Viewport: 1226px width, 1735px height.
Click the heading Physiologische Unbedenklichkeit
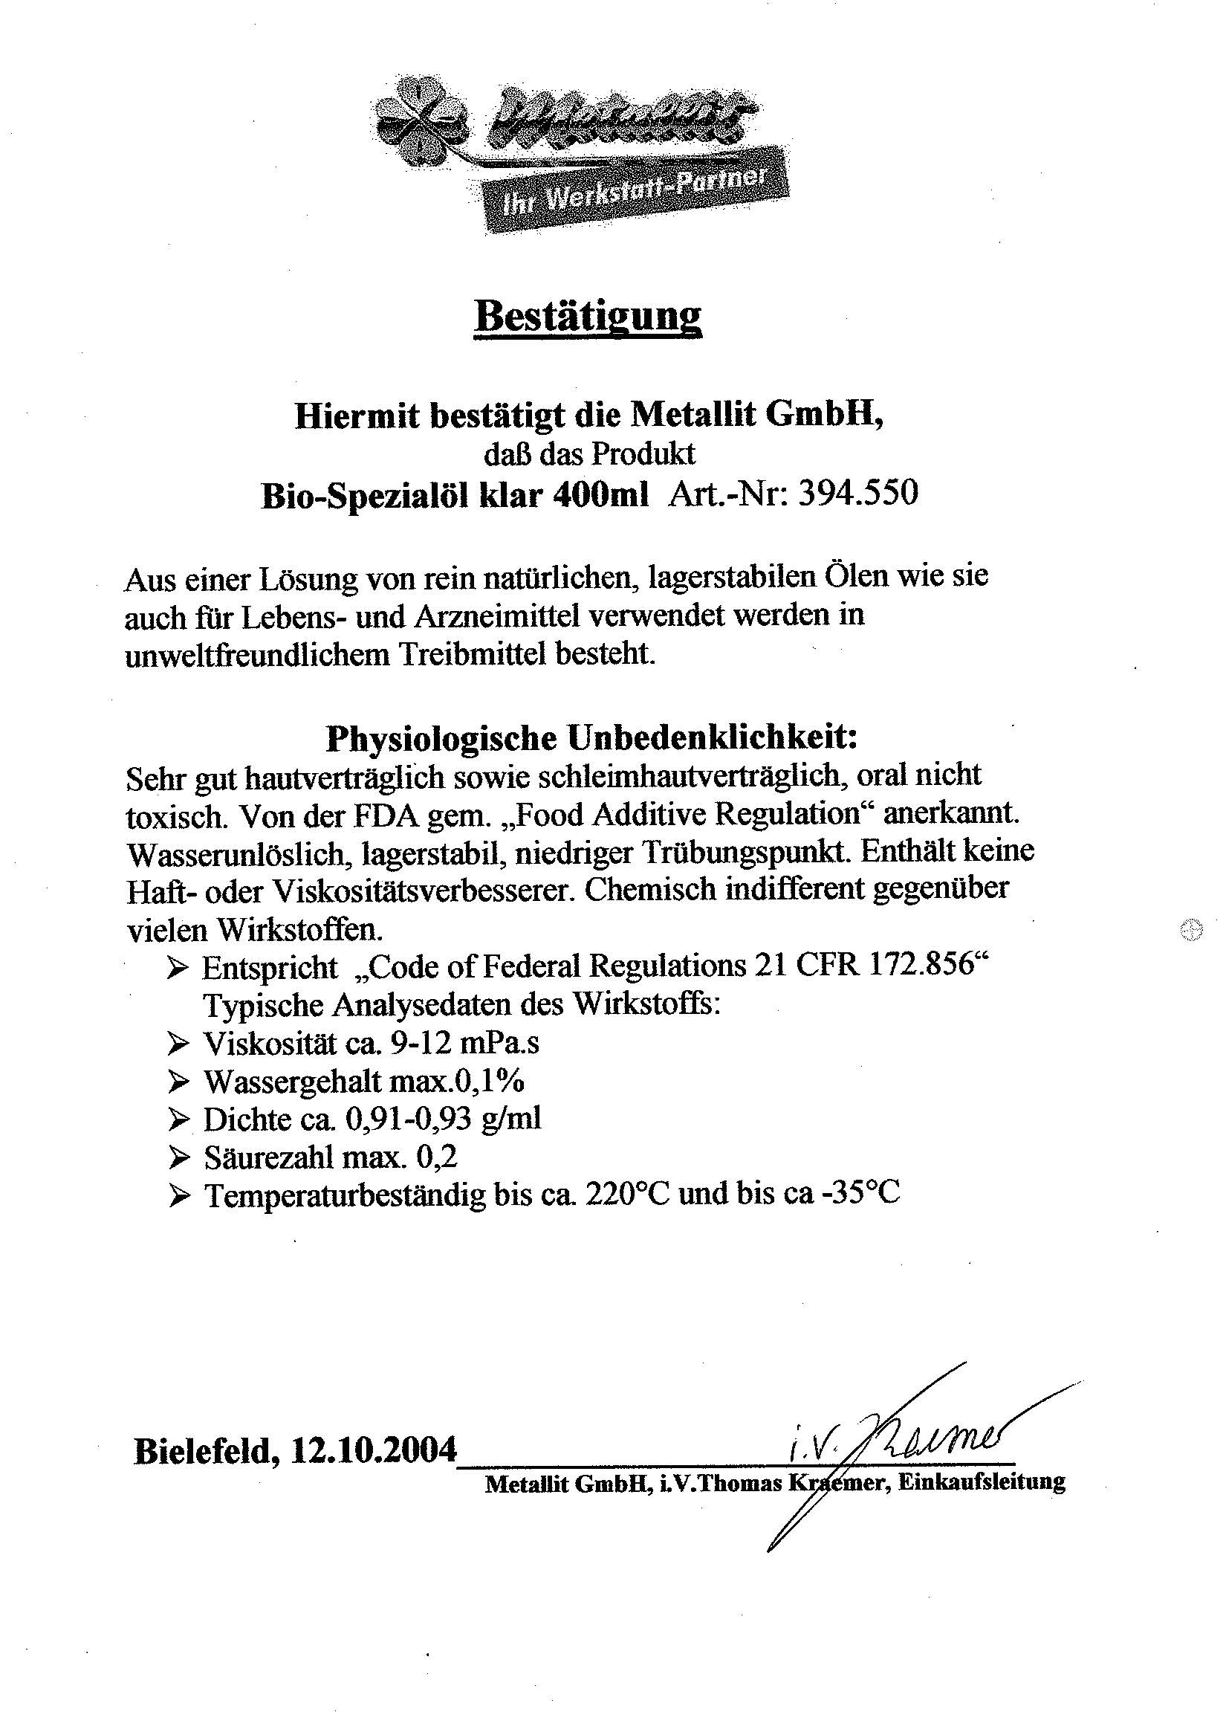(591, 738)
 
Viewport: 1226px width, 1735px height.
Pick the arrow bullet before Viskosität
(179, 1044)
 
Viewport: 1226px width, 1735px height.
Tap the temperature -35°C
(860, 1194)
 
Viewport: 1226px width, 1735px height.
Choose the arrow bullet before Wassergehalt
(179, 1082)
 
